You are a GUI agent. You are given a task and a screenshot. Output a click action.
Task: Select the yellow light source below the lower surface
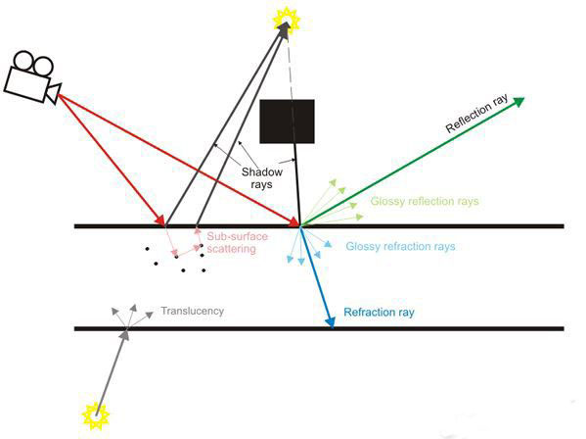(x=96, y=415)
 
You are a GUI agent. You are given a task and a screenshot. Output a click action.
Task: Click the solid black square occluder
(x=287, y=122)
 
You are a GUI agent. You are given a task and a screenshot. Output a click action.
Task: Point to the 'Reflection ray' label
(x=476, y=113)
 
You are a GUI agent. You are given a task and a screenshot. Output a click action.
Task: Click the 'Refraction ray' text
(x=379, y=313)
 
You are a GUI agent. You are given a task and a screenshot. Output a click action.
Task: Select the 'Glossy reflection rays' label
(x=425, y=201)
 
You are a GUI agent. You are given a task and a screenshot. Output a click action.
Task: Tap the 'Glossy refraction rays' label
(x=400, y=246)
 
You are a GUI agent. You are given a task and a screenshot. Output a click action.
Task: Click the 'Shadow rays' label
(x=261, y=178)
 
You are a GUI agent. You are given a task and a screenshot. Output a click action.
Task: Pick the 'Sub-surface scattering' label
(x=238, y=242)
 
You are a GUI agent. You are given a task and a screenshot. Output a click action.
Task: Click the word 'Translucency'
(x=193, y=311)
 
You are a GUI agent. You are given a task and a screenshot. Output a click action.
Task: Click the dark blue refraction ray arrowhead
(x=331, y=321)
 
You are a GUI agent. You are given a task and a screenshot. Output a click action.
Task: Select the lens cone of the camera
(x=54, y=93)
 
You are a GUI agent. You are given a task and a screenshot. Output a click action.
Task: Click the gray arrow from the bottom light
(x=113, y=372)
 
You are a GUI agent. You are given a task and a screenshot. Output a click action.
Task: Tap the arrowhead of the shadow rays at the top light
(x=284, y=29)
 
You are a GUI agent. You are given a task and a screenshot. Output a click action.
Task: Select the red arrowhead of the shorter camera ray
(x=160, y=220)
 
